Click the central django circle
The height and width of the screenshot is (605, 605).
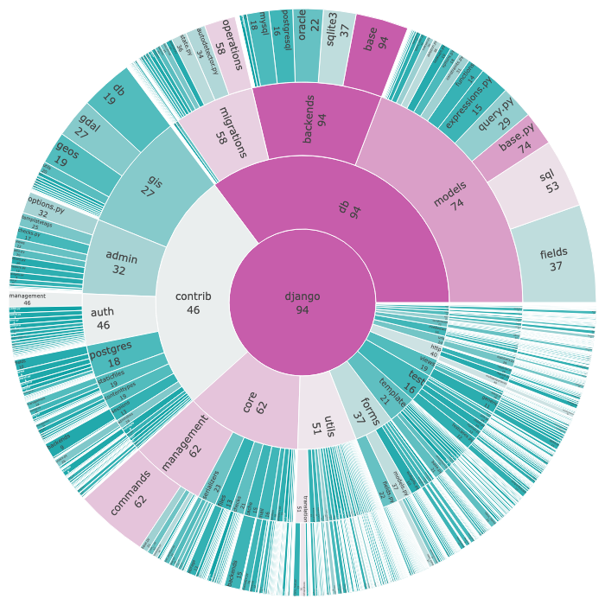(x=302, y=302)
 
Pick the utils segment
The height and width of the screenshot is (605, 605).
(x=316, y=425)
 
